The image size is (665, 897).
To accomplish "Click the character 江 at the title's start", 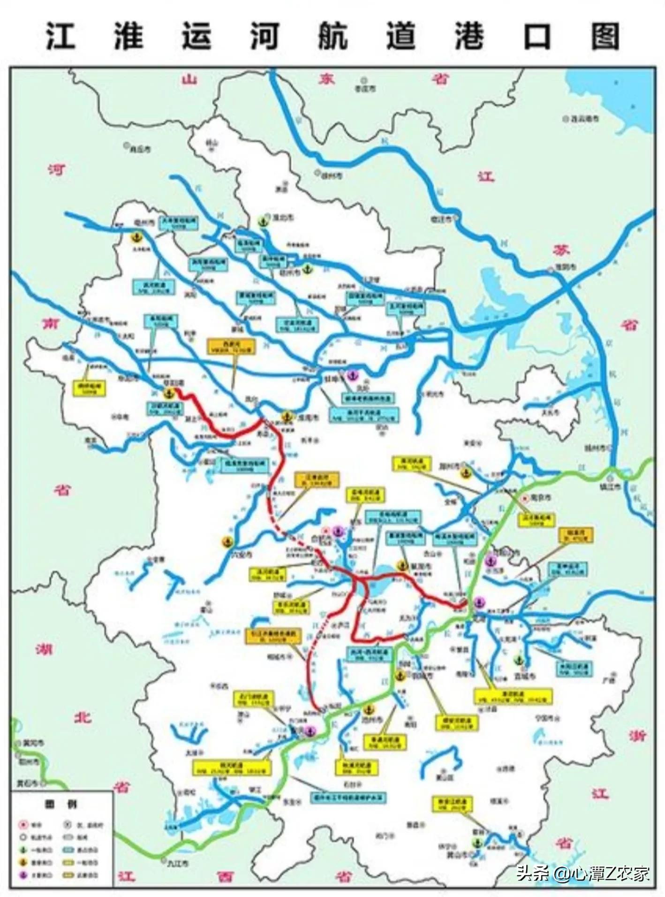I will point(61,37).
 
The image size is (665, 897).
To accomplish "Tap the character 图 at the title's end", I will point(605,37).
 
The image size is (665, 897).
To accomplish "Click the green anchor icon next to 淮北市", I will point(264,220).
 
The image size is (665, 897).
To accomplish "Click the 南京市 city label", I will point(541,498).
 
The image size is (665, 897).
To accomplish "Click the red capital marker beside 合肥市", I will point(327,531).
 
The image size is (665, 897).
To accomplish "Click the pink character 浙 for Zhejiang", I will point(638,735).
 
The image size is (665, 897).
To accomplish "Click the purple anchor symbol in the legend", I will point(23,875).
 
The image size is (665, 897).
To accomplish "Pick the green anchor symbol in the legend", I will point(23,850).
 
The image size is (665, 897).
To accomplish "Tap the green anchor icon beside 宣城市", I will point(518,660).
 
